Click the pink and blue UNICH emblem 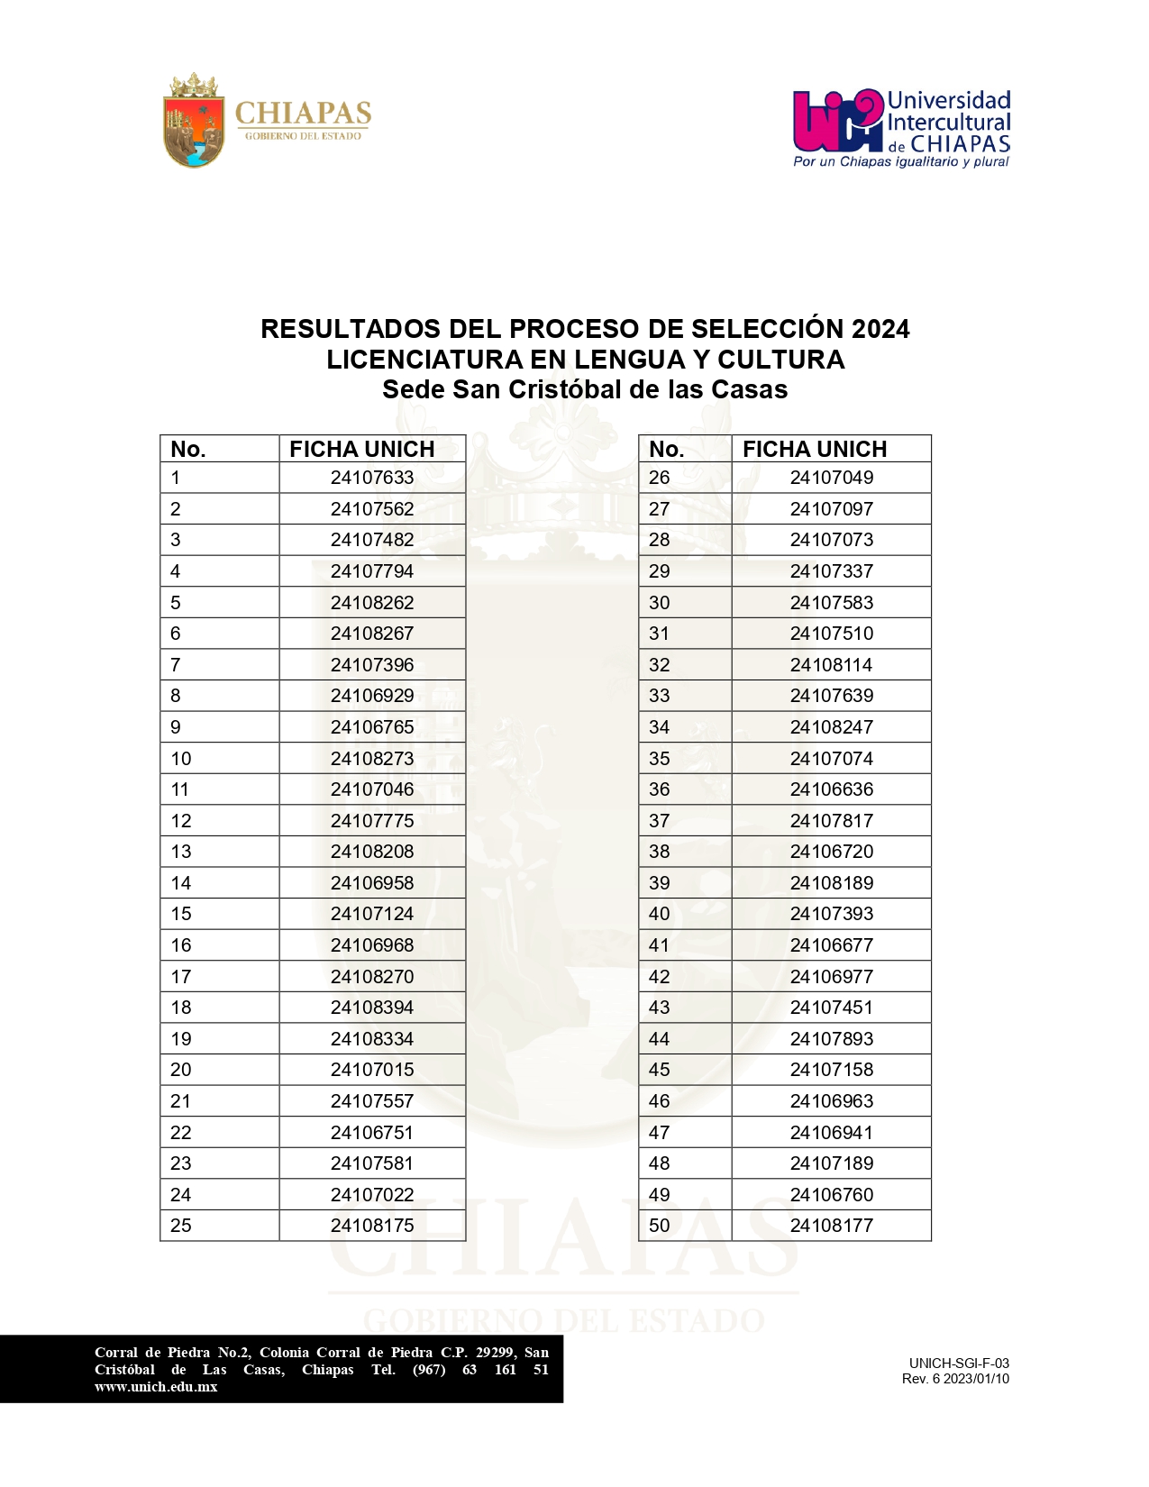coord(837,121)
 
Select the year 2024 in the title coord(880,329)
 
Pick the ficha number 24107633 coord(372,478)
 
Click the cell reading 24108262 coord(372,603)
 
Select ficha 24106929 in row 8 coord(372,696)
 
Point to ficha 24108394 coord(372,1008)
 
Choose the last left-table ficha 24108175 coord(372,1226)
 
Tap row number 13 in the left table coord(181,852)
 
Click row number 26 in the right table coord(660,478)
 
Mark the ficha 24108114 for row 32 coord(832,665)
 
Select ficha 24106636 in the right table coord(832,789)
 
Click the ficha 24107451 coord(832,1008)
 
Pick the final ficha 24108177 coord(832,1226)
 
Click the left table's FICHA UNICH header coord(362,449)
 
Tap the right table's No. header coord(666,449)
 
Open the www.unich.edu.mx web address coord(156,1387)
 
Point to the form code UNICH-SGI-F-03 coord(959,1364)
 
